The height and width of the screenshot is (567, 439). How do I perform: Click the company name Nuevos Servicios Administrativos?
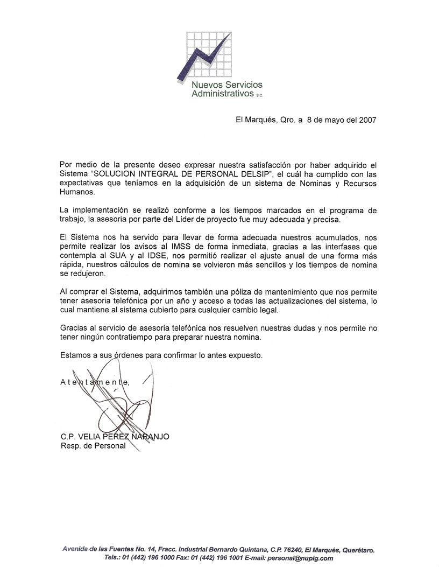click(x=227, y=89)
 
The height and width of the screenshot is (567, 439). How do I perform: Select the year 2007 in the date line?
click(x=366, y=120)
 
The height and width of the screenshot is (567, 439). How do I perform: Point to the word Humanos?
click(x=76, y=192)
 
